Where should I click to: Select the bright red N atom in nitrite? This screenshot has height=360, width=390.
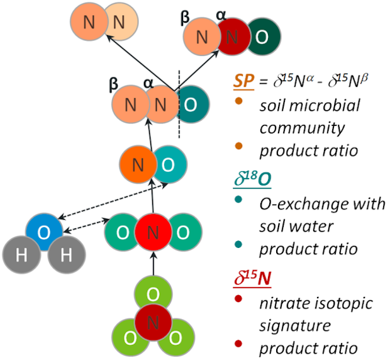(x=153, y=232)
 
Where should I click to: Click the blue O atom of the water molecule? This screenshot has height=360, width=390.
(x=43, y=232)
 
